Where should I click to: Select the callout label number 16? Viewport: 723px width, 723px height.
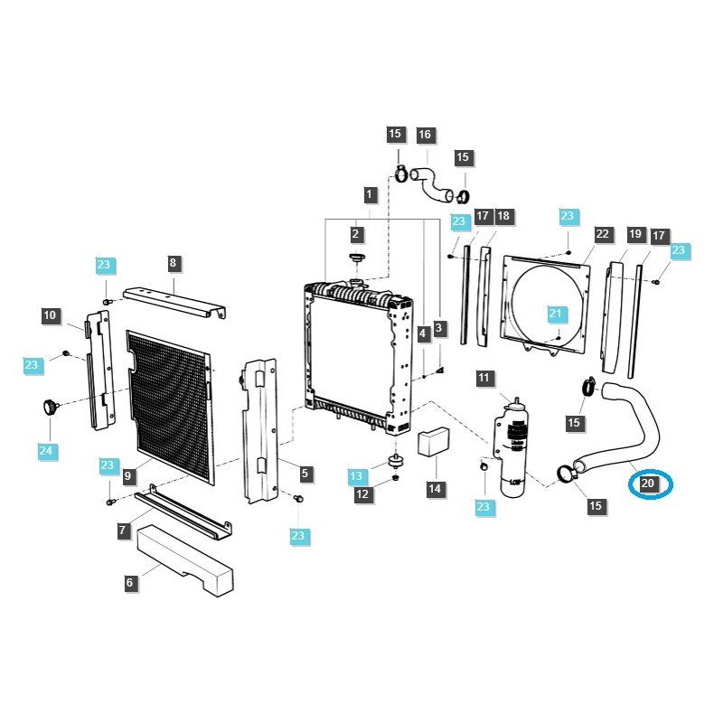[x=425, y=135]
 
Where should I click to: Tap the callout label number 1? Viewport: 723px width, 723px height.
[x=369, y=193]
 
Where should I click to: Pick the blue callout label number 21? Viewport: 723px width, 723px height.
[x=555, y=315]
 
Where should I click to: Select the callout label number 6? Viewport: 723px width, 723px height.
[x=130, y=583]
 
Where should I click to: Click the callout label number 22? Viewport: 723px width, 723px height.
[x=603, y=234]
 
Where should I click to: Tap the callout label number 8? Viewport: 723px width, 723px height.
[x=174, y=263]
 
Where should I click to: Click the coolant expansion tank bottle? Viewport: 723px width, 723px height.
[x=513, y=447]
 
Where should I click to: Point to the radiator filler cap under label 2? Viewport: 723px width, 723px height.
[x=356, y=261]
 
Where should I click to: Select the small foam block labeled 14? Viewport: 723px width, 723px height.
[x=432, y=440]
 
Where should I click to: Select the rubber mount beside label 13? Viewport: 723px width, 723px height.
[x=395, y=462]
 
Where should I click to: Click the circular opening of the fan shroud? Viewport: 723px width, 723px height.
[x=548, y=298]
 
